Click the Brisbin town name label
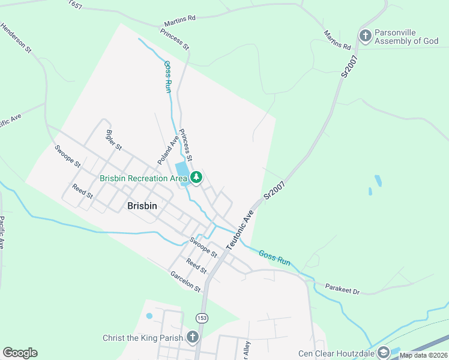pyautogui.click(x=142, y=205)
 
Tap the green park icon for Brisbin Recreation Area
pyautogui.click(x=196, y=178)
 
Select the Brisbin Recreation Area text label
pyautogui.click(x=143, y=178)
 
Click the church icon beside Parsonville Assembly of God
pyautogui.click(x=365, y=36)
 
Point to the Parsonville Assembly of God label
pyautogui.click(x=406, y=37)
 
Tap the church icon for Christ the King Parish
pyautogui.click(x=192, y=337)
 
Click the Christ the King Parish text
pyautogui.click(x=142, y=338)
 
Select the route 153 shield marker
pyautogui.click(x=201, y=316)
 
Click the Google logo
pyautogui.click(x=20, y=353)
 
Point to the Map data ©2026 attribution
pyautogui.click(x=424, y=355)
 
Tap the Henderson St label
pyautogui.click(x=16, y=39)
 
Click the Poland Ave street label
pyautogui.click(x=168, y=150)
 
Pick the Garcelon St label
pyautogui.click(x=185, y=281)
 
